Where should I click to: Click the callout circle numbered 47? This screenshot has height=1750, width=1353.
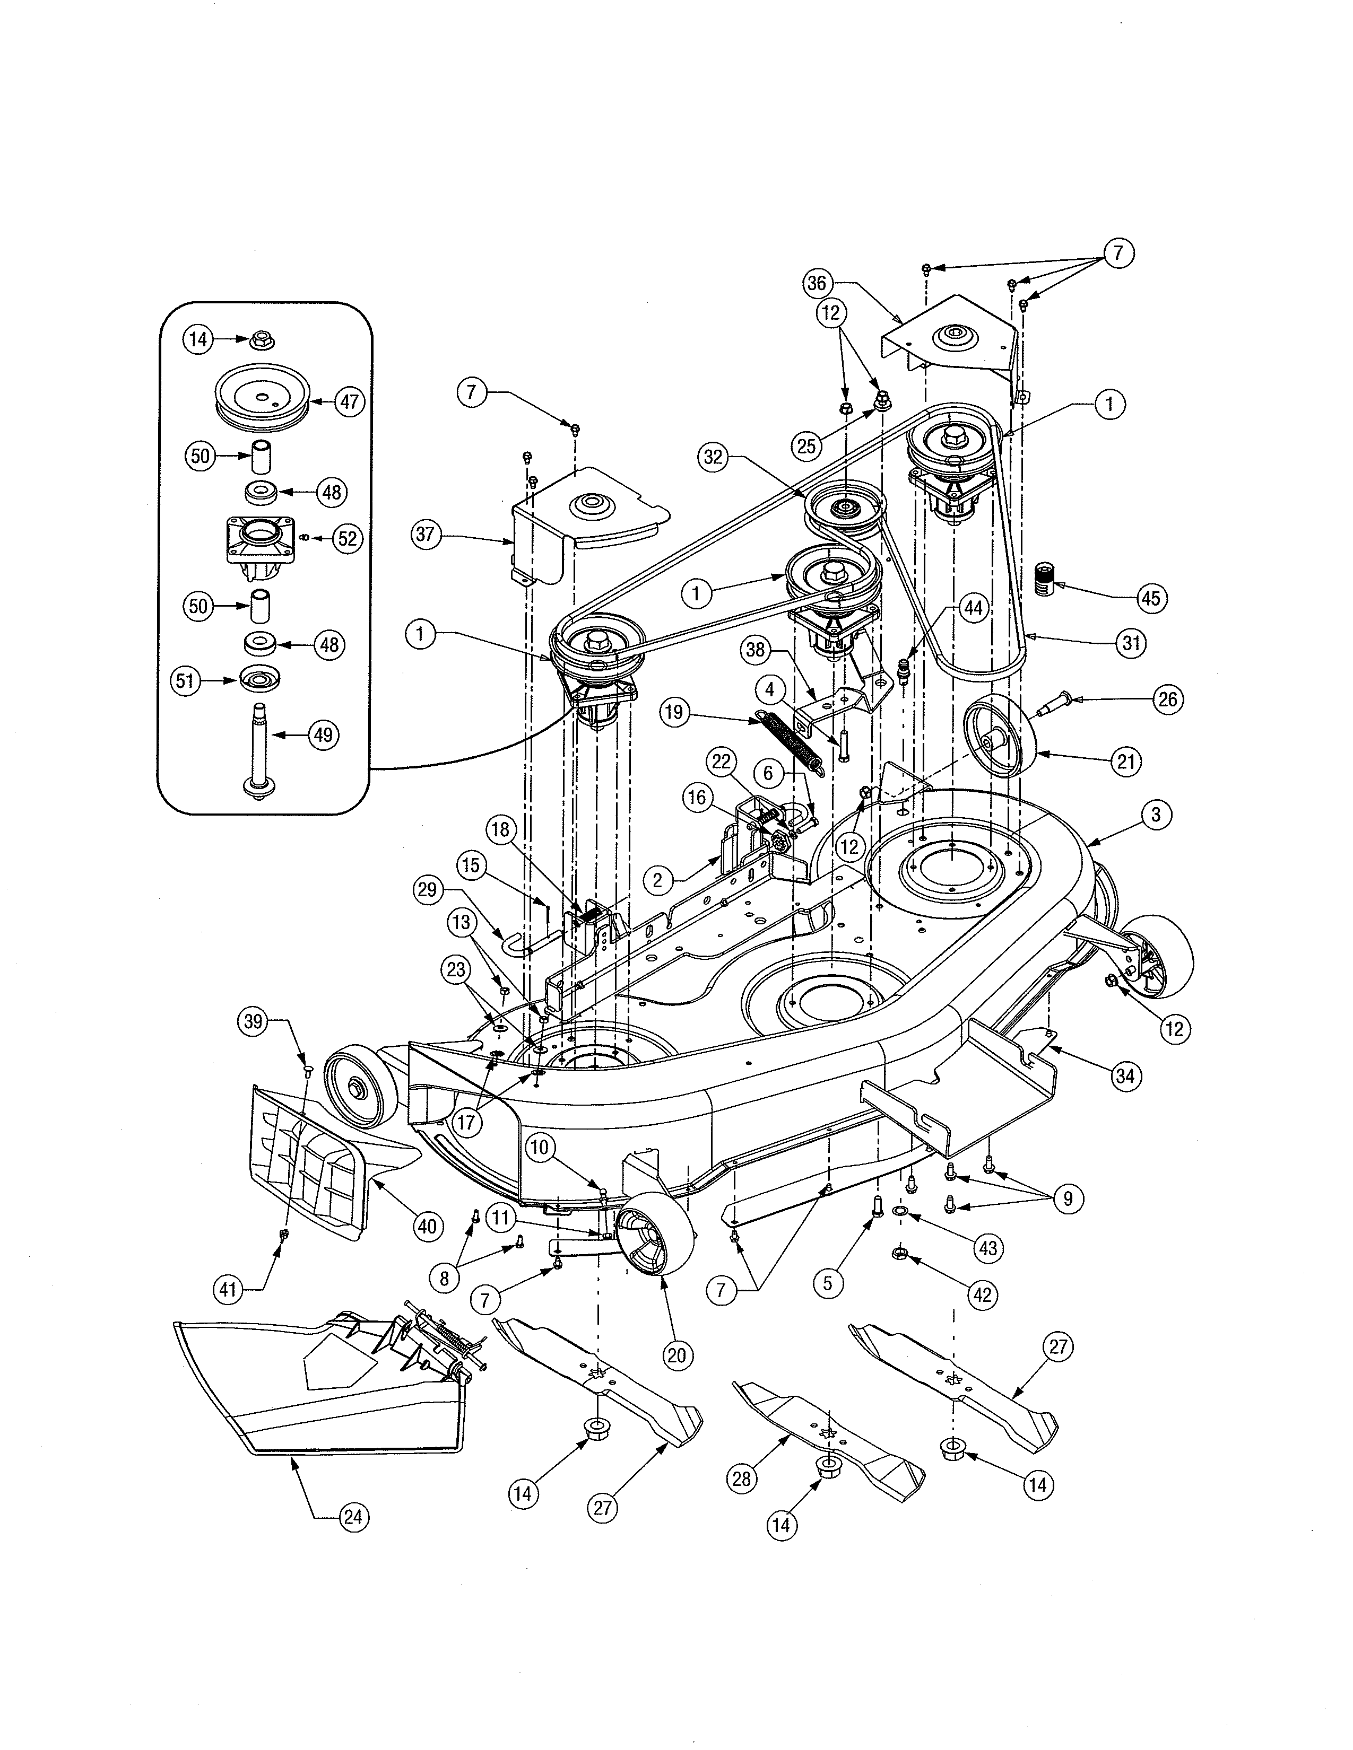pos(350,400)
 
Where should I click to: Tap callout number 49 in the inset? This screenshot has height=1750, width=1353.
pos(323,735)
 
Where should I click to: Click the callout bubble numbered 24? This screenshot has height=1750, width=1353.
pos(353,1517)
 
